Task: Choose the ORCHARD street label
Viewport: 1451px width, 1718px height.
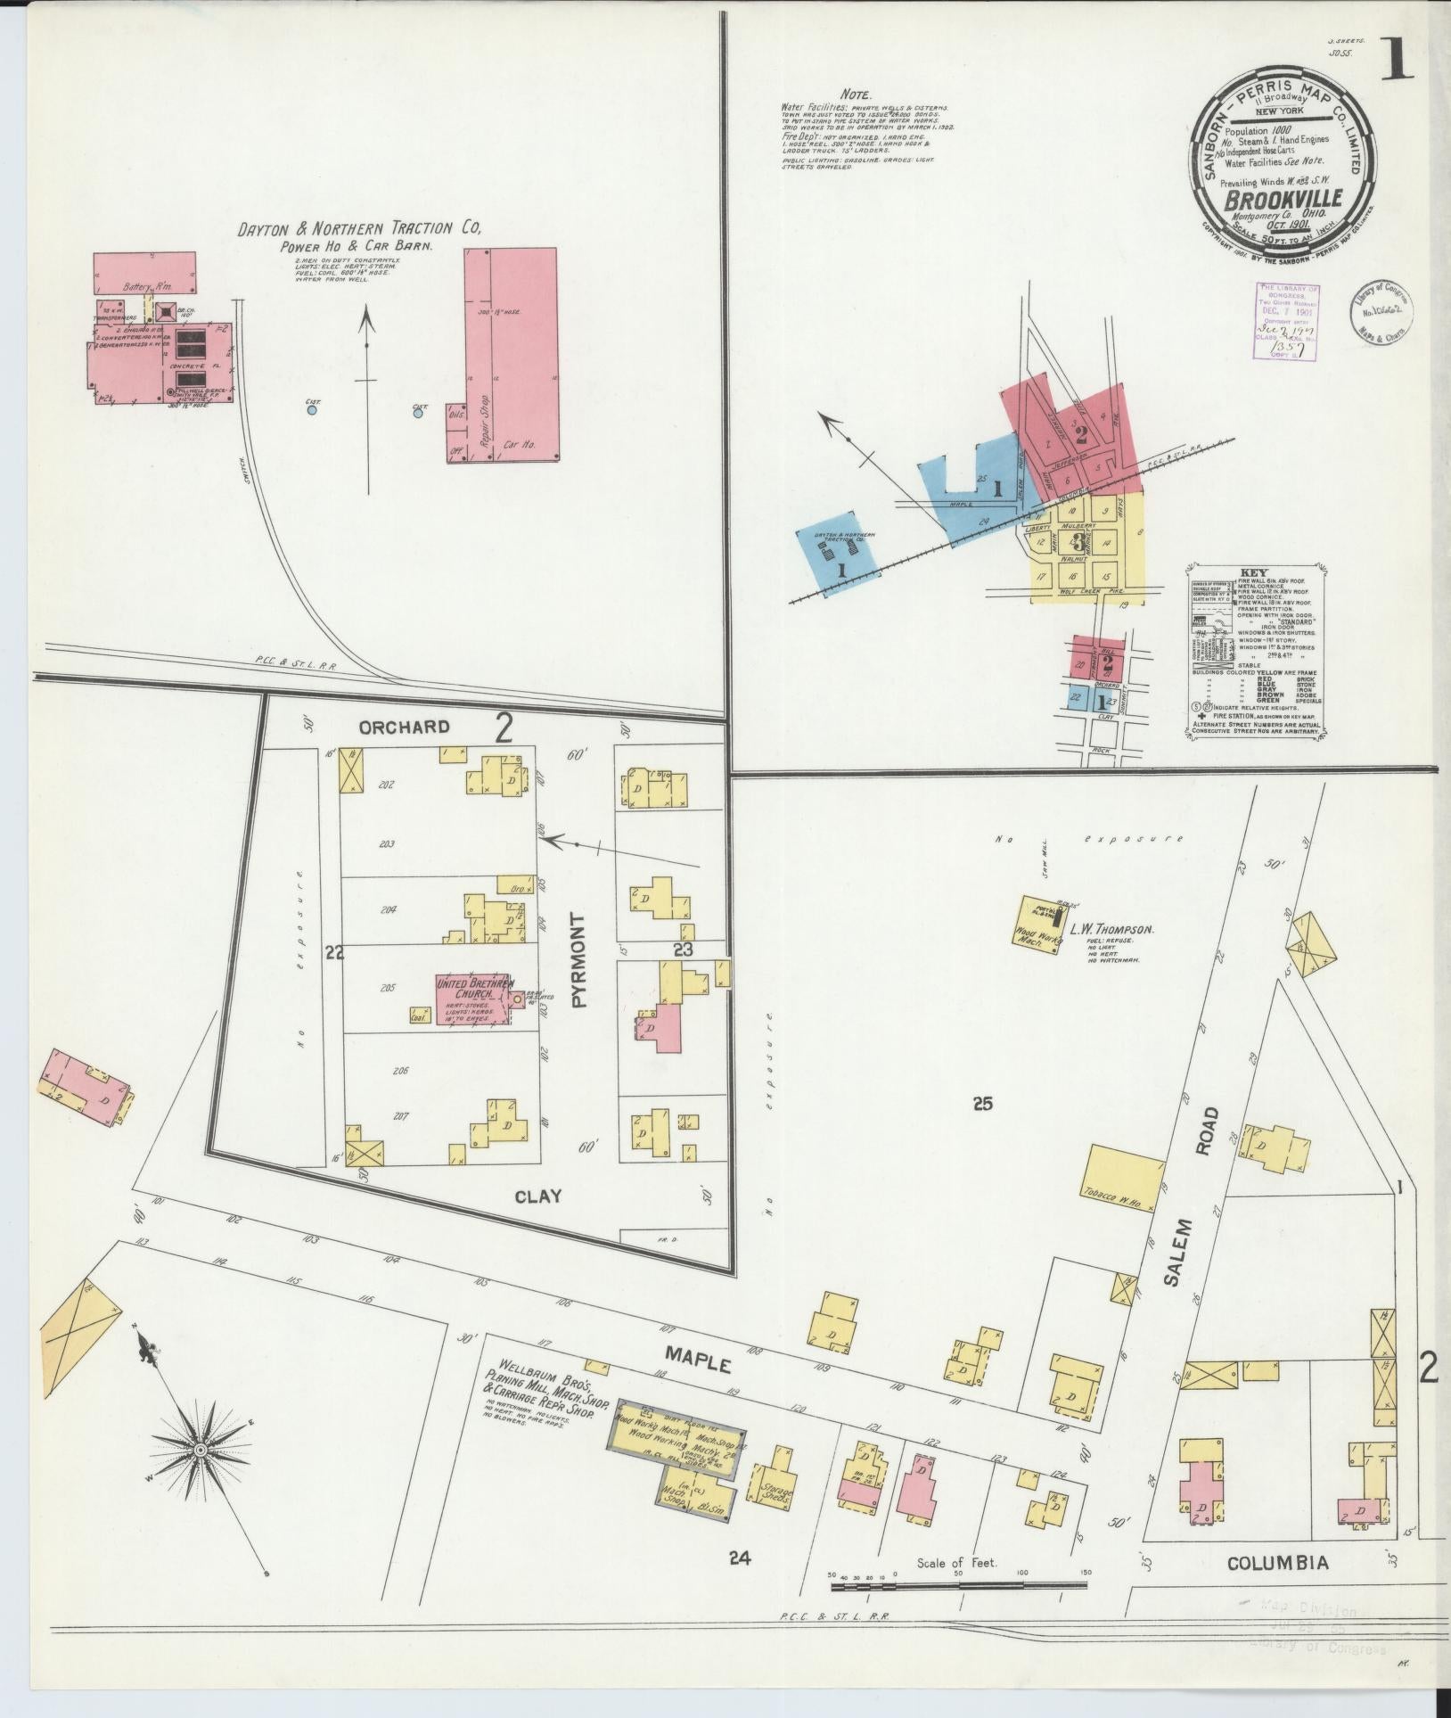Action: (404, 727)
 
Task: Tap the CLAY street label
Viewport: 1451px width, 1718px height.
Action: (537, 1196)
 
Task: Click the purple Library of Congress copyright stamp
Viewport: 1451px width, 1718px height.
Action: (1287, 321)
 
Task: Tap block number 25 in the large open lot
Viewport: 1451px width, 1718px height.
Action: (982, 1105)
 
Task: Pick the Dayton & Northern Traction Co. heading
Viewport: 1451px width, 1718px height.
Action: (359, 229)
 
